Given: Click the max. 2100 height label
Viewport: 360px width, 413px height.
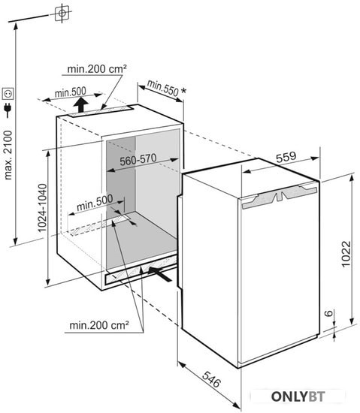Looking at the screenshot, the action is tap(8, 155).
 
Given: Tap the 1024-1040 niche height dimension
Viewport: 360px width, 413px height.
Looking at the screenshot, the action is tap(42, 208).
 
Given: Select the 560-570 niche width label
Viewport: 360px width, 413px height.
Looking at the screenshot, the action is tap(138, 160).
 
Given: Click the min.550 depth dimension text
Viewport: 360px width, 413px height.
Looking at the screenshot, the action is tap(162, 88).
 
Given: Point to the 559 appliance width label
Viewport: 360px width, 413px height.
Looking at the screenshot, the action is tap(286, 157).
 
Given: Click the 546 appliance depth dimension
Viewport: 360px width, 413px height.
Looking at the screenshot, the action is tap(211, 379).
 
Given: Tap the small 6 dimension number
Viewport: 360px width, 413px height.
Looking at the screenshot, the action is tap(328, 313).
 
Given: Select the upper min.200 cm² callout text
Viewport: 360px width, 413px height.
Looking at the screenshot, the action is tap(97, 69).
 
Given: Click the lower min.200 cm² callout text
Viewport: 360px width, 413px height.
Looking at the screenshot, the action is tap(99, 325).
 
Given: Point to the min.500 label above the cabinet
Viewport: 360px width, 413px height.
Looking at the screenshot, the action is tap(71, 92).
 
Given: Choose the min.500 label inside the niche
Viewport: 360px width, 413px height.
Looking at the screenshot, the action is tap(95, 202).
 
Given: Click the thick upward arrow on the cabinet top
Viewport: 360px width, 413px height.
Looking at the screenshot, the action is tap(80, 104).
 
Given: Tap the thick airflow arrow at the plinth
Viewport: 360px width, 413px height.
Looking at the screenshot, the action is tap(160, 274).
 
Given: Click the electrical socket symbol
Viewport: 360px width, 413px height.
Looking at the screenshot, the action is tap(8, 94).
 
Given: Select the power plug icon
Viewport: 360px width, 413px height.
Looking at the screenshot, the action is tap(8, 110).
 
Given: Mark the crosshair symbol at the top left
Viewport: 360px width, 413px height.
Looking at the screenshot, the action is tap(62, 13).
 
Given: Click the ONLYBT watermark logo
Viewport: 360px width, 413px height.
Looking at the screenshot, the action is tap(298, 396).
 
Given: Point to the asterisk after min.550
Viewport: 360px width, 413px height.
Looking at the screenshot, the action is tap(183, 91).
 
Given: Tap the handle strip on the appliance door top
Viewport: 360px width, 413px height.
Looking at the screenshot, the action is tap(280, 197).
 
